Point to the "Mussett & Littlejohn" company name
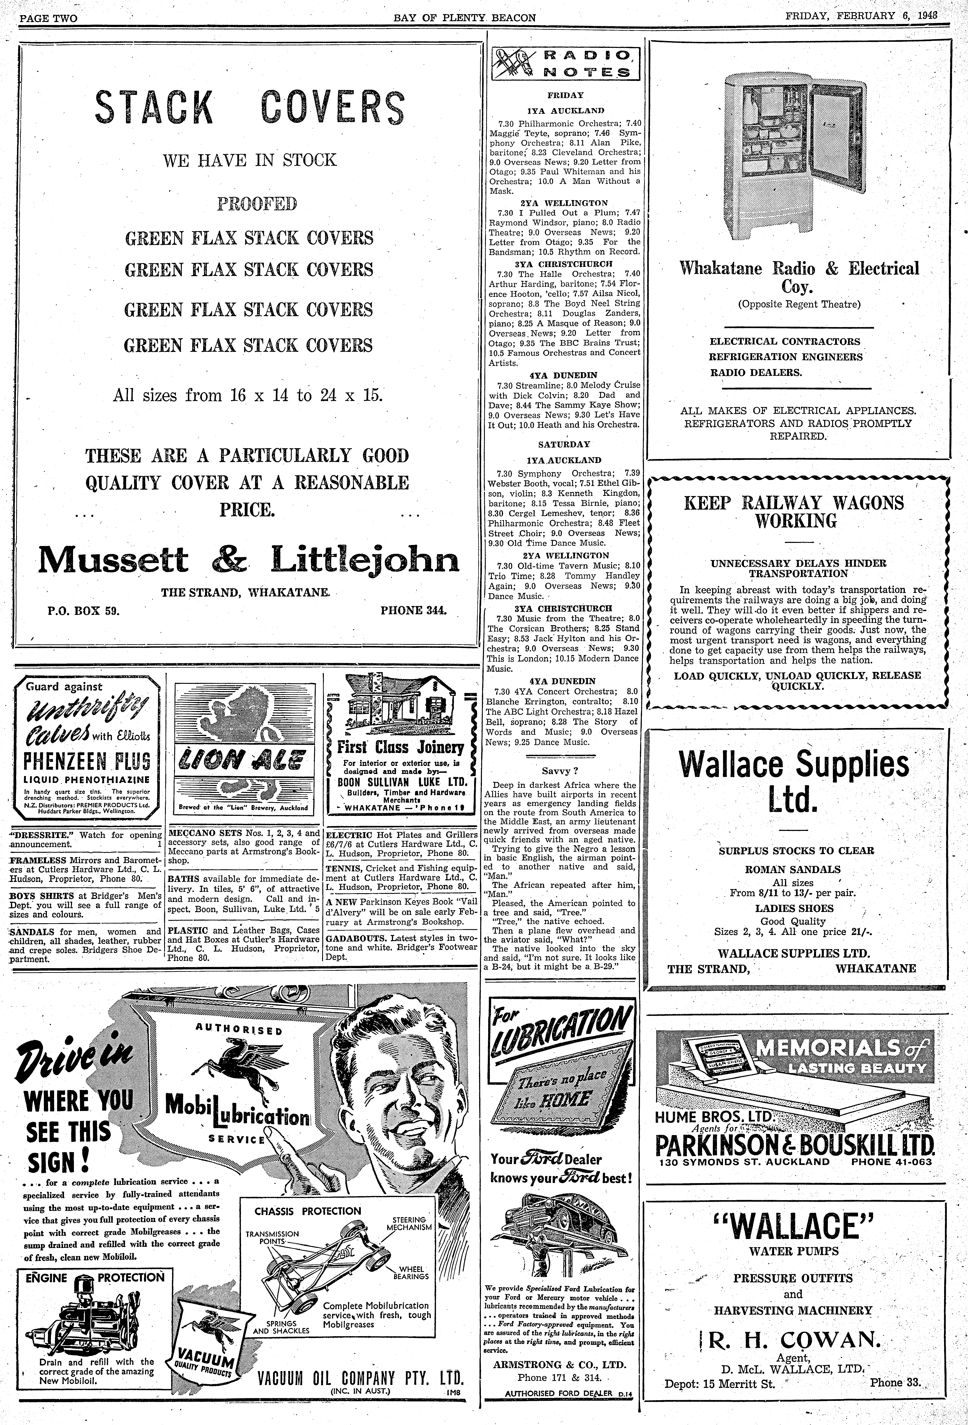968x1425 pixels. click(x=248, y=559)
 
